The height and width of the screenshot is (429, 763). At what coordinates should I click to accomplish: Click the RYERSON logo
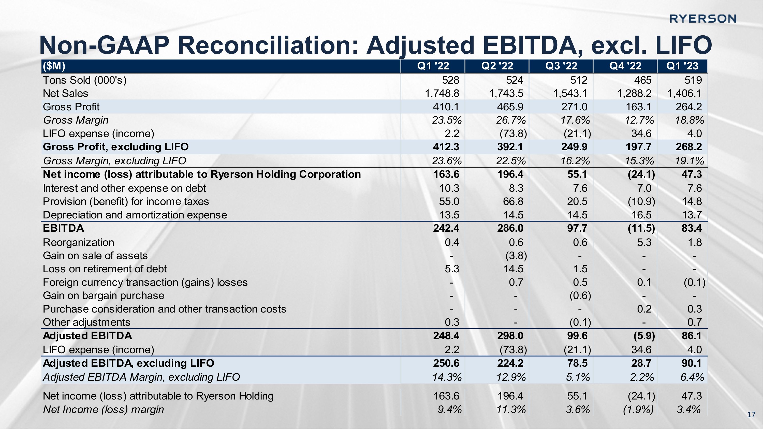point(702,19)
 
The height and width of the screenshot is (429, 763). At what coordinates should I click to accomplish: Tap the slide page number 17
point(751,415)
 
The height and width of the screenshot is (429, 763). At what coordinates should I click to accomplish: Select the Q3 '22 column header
point(561,66)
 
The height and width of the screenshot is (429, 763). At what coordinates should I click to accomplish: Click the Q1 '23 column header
point(682,66)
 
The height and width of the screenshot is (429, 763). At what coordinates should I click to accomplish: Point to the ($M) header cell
point(54,66)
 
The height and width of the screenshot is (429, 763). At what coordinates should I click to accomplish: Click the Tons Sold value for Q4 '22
point(643,80)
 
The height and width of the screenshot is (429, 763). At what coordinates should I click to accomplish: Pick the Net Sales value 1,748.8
point(442,94)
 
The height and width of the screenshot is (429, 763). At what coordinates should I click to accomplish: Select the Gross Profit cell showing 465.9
point(510,107)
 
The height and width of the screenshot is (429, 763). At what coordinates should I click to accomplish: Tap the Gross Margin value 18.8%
point(689,120)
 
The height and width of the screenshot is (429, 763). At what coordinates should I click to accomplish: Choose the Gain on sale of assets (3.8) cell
point(516,256)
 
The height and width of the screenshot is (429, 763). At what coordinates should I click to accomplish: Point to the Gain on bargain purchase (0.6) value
point(580,296)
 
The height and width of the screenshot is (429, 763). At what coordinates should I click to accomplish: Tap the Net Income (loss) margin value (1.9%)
point(638,409)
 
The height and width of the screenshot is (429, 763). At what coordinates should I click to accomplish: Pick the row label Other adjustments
point(86,322)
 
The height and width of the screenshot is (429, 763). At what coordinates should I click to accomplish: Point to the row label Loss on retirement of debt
point(105,269)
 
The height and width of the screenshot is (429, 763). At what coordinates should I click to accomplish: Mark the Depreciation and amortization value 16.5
point(642,215)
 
